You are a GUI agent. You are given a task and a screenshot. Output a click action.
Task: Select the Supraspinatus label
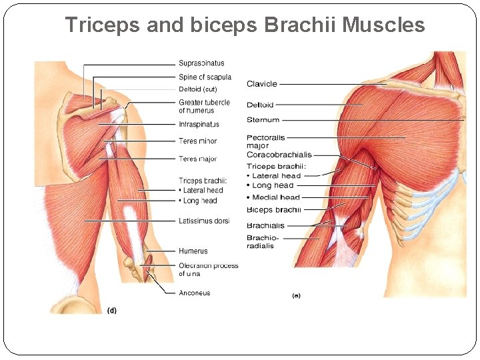tap(201, 64)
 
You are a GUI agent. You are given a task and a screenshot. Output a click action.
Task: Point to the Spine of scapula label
tap(205, 77)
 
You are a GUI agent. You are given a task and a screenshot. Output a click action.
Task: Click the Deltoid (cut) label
tap(198, 89)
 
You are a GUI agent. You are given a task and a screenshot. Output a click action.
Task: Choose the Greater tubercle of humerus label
tap(204, 106)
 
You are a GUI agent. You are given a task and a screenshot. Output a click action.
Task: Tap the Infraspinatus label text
tap(199, 125)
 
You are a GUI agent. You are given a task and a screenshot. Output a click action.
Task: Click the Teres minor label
tap(197, 141)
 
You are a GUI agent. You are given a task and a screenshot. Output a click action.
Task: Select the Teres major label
tap(197, 159)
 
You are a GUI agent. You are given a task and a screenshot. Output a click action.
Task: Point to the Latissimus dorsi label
tap(203, 221)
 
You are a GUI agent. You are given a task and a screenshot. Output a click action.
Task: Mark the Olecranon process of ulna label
tap(208, 269)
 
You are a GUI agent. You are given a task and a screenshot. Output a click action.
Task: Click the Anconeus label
tap(194, 293)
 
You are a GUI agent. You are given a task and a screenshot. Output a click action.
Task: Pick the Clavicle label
tap(261, 84)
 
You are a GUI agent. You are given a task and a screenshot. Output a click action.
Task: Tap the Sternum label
tap(263, 120)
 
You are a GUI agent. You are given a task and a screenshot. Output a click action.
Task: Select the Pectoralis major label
tap(265, 141)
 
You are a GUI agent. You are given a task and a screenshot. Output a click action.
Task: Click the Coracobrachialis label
tap(279, 155)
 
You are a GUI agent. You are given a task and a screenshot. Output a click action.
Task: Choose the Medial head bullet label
tap(276, 197)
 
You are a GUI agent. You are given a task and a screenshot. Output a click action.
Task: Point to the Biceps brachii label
tap(273, 210)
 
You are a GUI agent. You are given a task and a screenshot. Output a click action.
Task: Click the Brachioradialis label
tap(263, 241)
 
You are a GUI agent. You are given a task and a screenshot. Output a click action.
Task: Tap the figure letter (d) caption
tap(111, 310)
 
